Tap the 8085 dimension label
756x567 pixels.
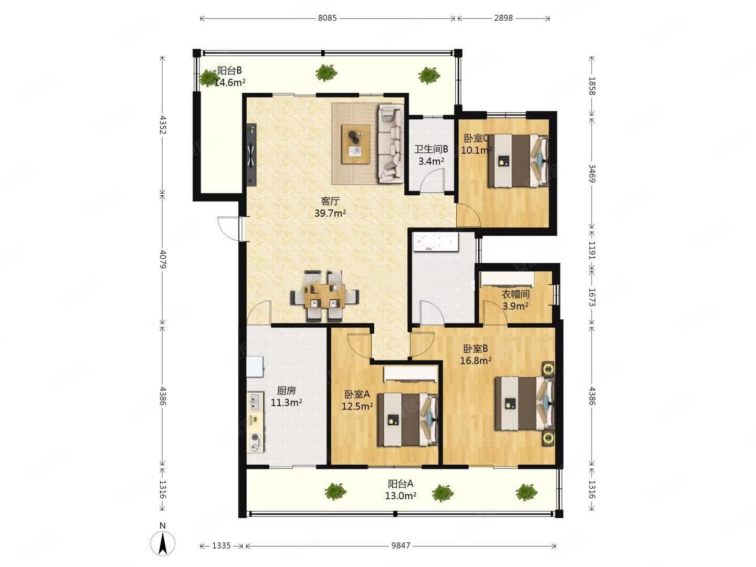(x=327, y=18)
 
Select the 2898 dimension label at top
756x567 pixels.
(x=503, y=18)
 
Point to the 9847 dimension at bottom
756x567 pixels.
(x=401, y=545)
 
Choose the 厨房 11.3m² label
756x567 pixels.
(x=286, y=396)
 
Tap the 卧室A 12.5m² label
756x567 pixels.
(x=357, y=400)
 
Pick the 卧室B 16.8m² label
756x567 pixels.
(x=476, y=354)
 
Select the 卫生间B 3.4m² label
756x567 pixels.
(x=431, y=155)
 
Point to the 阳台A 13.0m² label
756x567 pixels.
(x=401, y=489)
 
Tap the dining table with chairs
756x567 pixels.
(x=324, y=296)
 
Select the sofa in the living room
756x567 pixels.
(x=391, y=143)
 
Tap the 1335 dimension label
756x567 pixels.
(x=221, y=545)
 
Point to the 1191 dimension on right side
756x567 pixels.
(x=592, y=250)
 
